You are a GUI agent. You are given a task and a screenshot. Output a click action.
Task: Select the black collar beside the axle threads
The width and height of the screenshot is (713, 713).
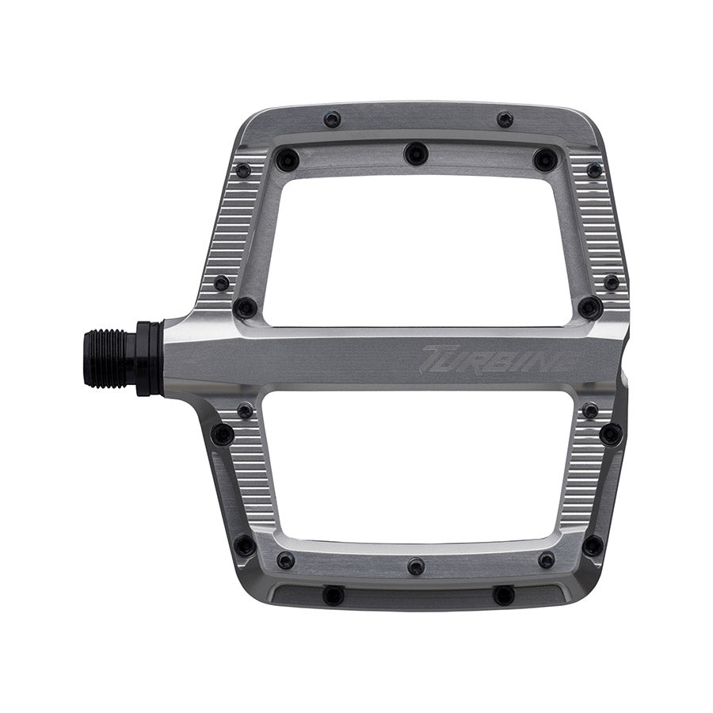pyautogui.click(x=150, y=359)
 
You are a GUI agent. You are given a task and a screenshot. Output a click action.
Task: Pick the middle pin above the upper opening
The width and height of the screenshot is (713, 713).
pyautogui.click(x=416, y=153)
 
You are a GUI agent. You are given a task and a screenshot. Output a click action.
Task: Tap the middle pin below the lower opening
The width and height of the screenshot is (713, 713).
pyautogui.click(x=416, y=566)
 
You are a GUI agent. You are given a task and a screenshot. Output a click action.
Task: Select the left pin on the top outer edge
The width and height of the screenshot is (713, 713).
pyautogui.click(x=333, y=120)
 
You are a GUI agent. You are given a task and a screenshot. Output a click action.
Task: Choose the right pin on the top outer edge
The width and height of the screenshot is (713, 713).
pyautogui.click(x=505, y=120)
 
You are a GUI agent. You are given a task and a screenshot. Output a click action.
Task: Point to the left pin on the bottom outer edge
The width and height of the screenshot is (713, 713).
pyautogui.click(x=334, y=595)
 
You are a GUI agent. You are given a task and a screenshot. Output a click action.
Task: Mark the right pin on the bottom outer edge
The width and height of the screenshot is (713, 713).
pyautogui.click(x=503, y=595)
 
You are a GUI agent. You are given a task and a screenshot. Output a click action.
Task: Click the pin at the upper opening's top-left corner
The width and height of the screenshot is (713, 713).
pyautogui.click(x=286, y=160)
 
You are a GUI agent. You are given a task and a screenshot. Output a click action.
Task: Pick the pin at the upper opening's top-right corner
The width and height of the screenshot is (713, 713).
pyautogui.click(x=545, y=159)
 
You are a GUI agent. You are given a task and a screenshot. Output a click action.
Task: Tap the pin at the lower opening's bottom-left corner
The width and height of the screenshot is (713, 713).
pyautogui.click(x=285, y=560)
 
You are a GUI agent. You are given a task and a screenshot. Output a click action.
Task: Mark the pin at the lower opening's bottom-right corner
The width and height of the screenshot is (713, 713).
pyautogui.click(x=546, y=560)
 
